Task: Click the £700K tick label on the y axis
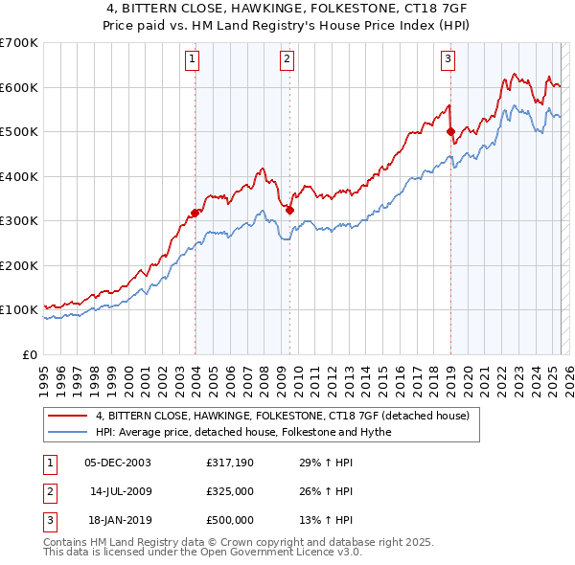point(19,43)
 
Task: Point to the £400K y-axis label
point(19,176)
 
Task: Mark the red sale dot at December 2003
point(195,213)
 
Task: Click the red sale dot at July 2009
point(289,210)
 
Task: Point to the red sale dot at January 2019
point(450,132)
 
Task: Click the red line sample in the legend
point(68,417)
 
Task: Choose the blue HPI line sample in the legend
point(68,432)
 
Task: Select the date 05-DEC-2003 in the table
point(118,463)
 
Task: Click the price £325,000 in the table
point(230,491)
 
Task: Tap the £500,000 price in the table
point(230,520)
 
